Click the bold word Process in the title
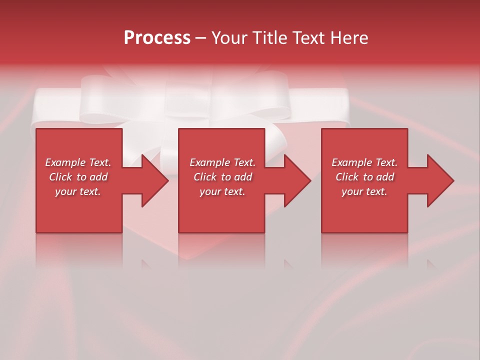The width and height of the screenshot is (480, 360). [157, 38]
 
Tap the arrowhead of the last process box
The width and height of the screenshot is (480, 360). [439, 180]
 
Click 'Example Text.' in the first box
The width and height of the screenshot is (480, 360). [78, 162]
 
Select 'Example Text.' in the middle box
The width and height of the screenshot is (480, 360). [222, 162]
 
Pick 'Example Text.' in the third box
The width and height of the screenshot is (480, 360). [364, 162]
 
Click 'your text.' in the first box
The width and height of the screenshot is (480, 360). [78, 191]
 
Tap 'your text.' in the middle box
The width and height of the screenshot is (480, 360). [222, 191]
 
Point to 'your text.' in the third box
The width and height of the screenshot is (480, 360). [364, 191]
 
